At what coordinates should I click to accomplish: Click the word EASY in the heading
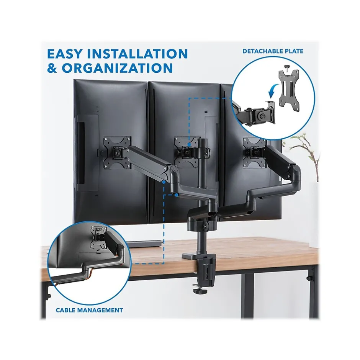(x=64, y=54)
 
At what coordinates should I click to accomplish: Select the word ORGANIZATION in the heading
(x=117, y=68)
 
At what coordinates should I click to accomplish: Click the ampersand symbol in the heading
(x=52, y=68)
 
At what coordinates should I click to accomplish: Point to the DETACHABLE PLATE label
(x=273, y=51)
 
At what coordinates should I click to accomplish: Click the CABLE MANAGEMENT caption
(x=89, y=310)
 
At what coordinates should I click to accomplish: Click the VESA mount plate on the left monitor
(x=117, y=152)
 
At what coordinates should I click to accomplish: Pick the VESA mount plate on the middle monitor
(x=186, y=152)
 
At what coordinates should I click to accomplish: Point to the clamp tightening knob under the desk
(x=199, y=291)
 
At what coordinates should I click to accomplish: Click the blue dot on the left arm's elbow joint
(x=164, y=182)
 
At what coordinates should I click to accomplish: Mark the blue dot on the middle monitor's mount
(x=189, y=144)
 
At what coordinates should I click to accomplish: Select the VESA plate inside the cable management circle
(x=99, y=237)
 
